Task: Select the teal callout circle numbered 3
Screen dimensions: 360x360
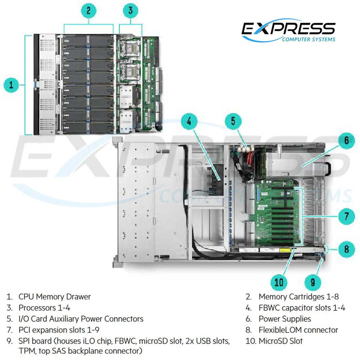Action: click(130, 10)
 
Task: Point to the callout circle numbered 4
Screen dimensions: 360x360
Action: click(190, 121)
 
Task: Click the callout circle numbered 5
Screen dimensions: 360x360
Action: click(233, 121)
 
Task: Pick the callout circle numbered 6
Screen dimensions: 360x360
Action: click(346, 140)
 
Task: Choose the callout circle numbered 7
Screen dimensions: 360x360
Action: click(346, 216)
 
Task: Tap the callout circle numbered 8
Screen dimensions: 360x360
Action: click(346, 249)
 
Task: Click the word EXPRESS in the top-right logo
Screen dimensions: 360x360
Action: click(288, 29)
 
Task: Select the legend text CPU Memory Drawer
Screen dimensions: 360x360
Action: click(54, 297)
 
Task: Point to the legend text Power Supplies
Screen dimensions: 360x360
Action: click(284, 319)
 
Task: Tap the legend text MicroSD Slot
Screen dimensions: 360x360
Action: click(280, 341)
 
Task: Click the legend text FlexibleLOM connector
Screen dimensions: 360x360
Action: click(298, 330)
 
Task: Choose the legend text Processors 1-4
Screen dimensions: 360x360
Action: click(44, 308)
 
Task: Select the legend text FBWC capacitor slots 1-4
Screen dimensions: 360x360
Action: click(302, 308)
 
